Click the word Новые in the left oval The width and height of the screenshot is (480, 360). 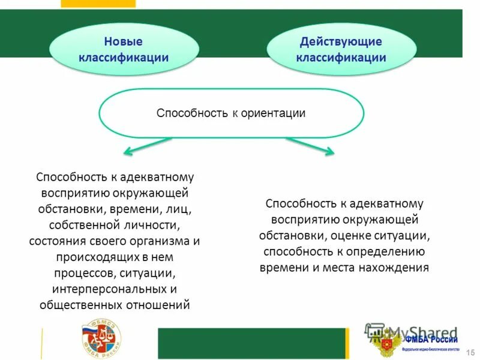(123, 42)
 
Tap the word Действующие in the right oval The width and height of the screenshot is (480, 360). (341, 42)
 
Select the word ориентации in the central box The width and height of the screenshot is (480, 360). (274, 113)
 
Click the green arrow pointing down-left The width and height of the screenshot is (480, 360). (148, 146)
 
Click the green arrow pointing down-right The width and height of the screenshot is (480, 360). (310, 146)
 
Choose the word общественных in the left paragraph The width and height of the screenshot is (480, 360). (80, 305)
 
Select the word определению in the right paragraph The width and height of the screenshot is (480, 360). (386, 251)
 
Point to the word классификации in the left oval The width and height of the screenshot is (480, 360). (123, 58)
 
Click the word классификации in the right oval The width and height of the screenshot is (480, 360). (341, 58)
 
